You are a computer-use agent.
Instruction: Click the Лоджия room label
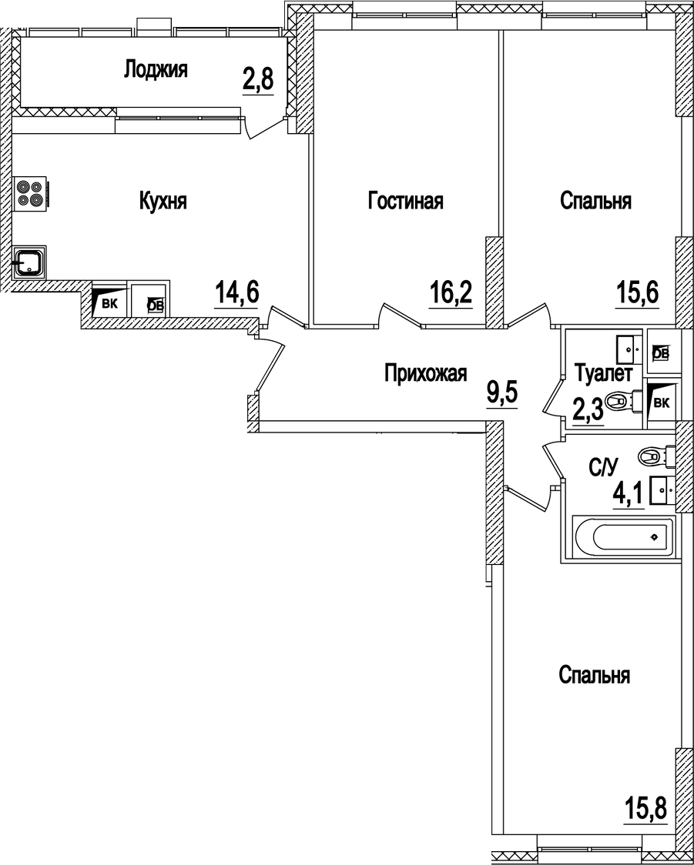156,70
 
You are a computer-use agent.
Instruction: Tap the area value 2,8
258,79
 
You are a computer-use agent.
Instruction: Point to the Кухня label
163,202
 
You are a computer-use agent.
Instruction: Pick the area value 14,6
236,293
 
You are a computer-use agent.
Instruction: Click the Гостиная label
405,202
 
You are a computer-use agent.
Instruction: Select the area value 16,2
451,293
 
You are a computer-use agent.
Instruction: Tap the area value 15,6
638,293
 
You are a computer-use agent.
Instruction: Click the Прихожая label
426,375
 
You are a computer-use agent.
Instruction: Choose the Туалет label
604,375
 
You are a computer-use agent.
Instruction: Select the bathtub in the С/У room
625,536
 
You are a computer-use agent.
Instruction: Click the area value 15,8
643,810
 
